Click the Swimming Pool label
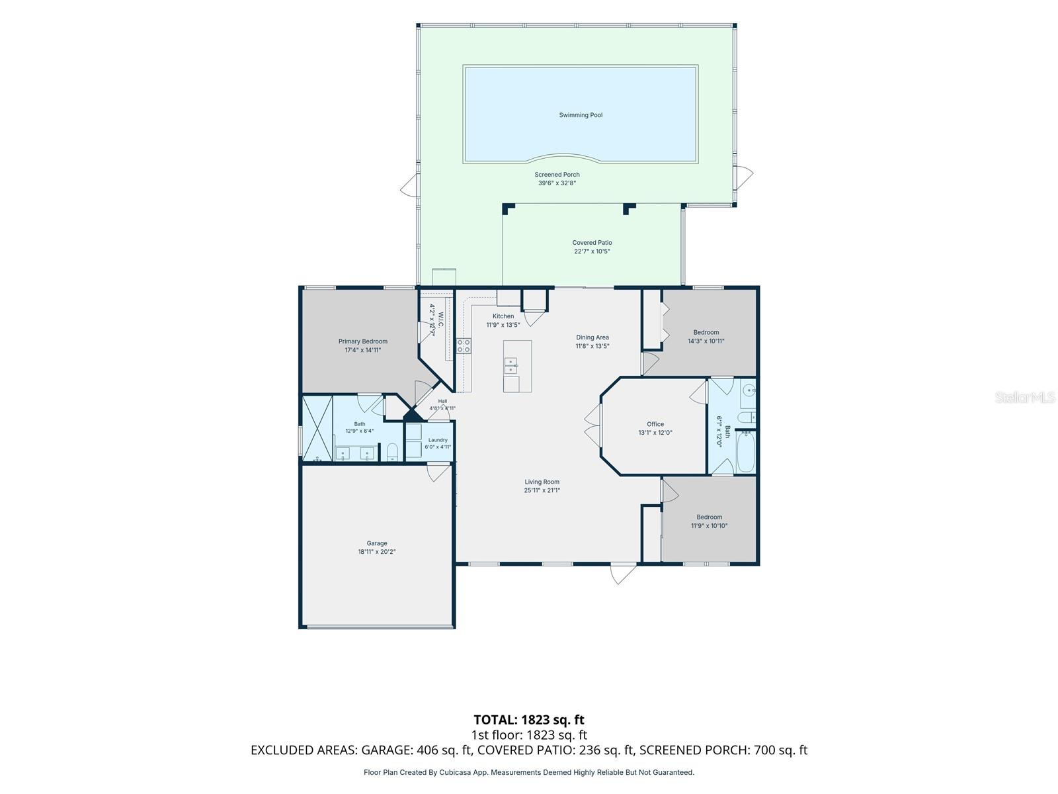[x=581, y=115]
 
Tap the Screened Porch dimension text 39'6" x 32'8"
[x=557, y=183]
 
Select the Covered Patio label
[x=592, y=242]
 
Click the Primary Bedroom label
[x=362, y=341]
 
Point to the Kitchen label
[x=503, y=316]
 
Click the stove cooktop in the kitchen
[x=464, y=345]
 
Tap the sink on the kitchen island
[x=510, y=365]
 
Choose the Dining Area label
[x=592, y=337]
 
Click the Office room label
[x=655, y=424]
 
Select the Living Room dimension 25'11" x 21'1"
[x=542, y=490]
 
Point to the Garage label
[x=376, y=543]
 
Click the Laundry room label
[x=438, y=440]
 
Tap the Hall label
[x=442, y=401]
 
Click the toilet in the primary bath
[x=392, y=452]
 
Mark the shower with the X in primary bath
[x=317, y=428]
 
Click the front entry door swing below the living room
[x=623, y=574]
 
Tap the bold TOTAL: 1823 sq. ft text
[x=529, y=720]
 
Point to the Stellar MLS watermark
[x=1025, y=397]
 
